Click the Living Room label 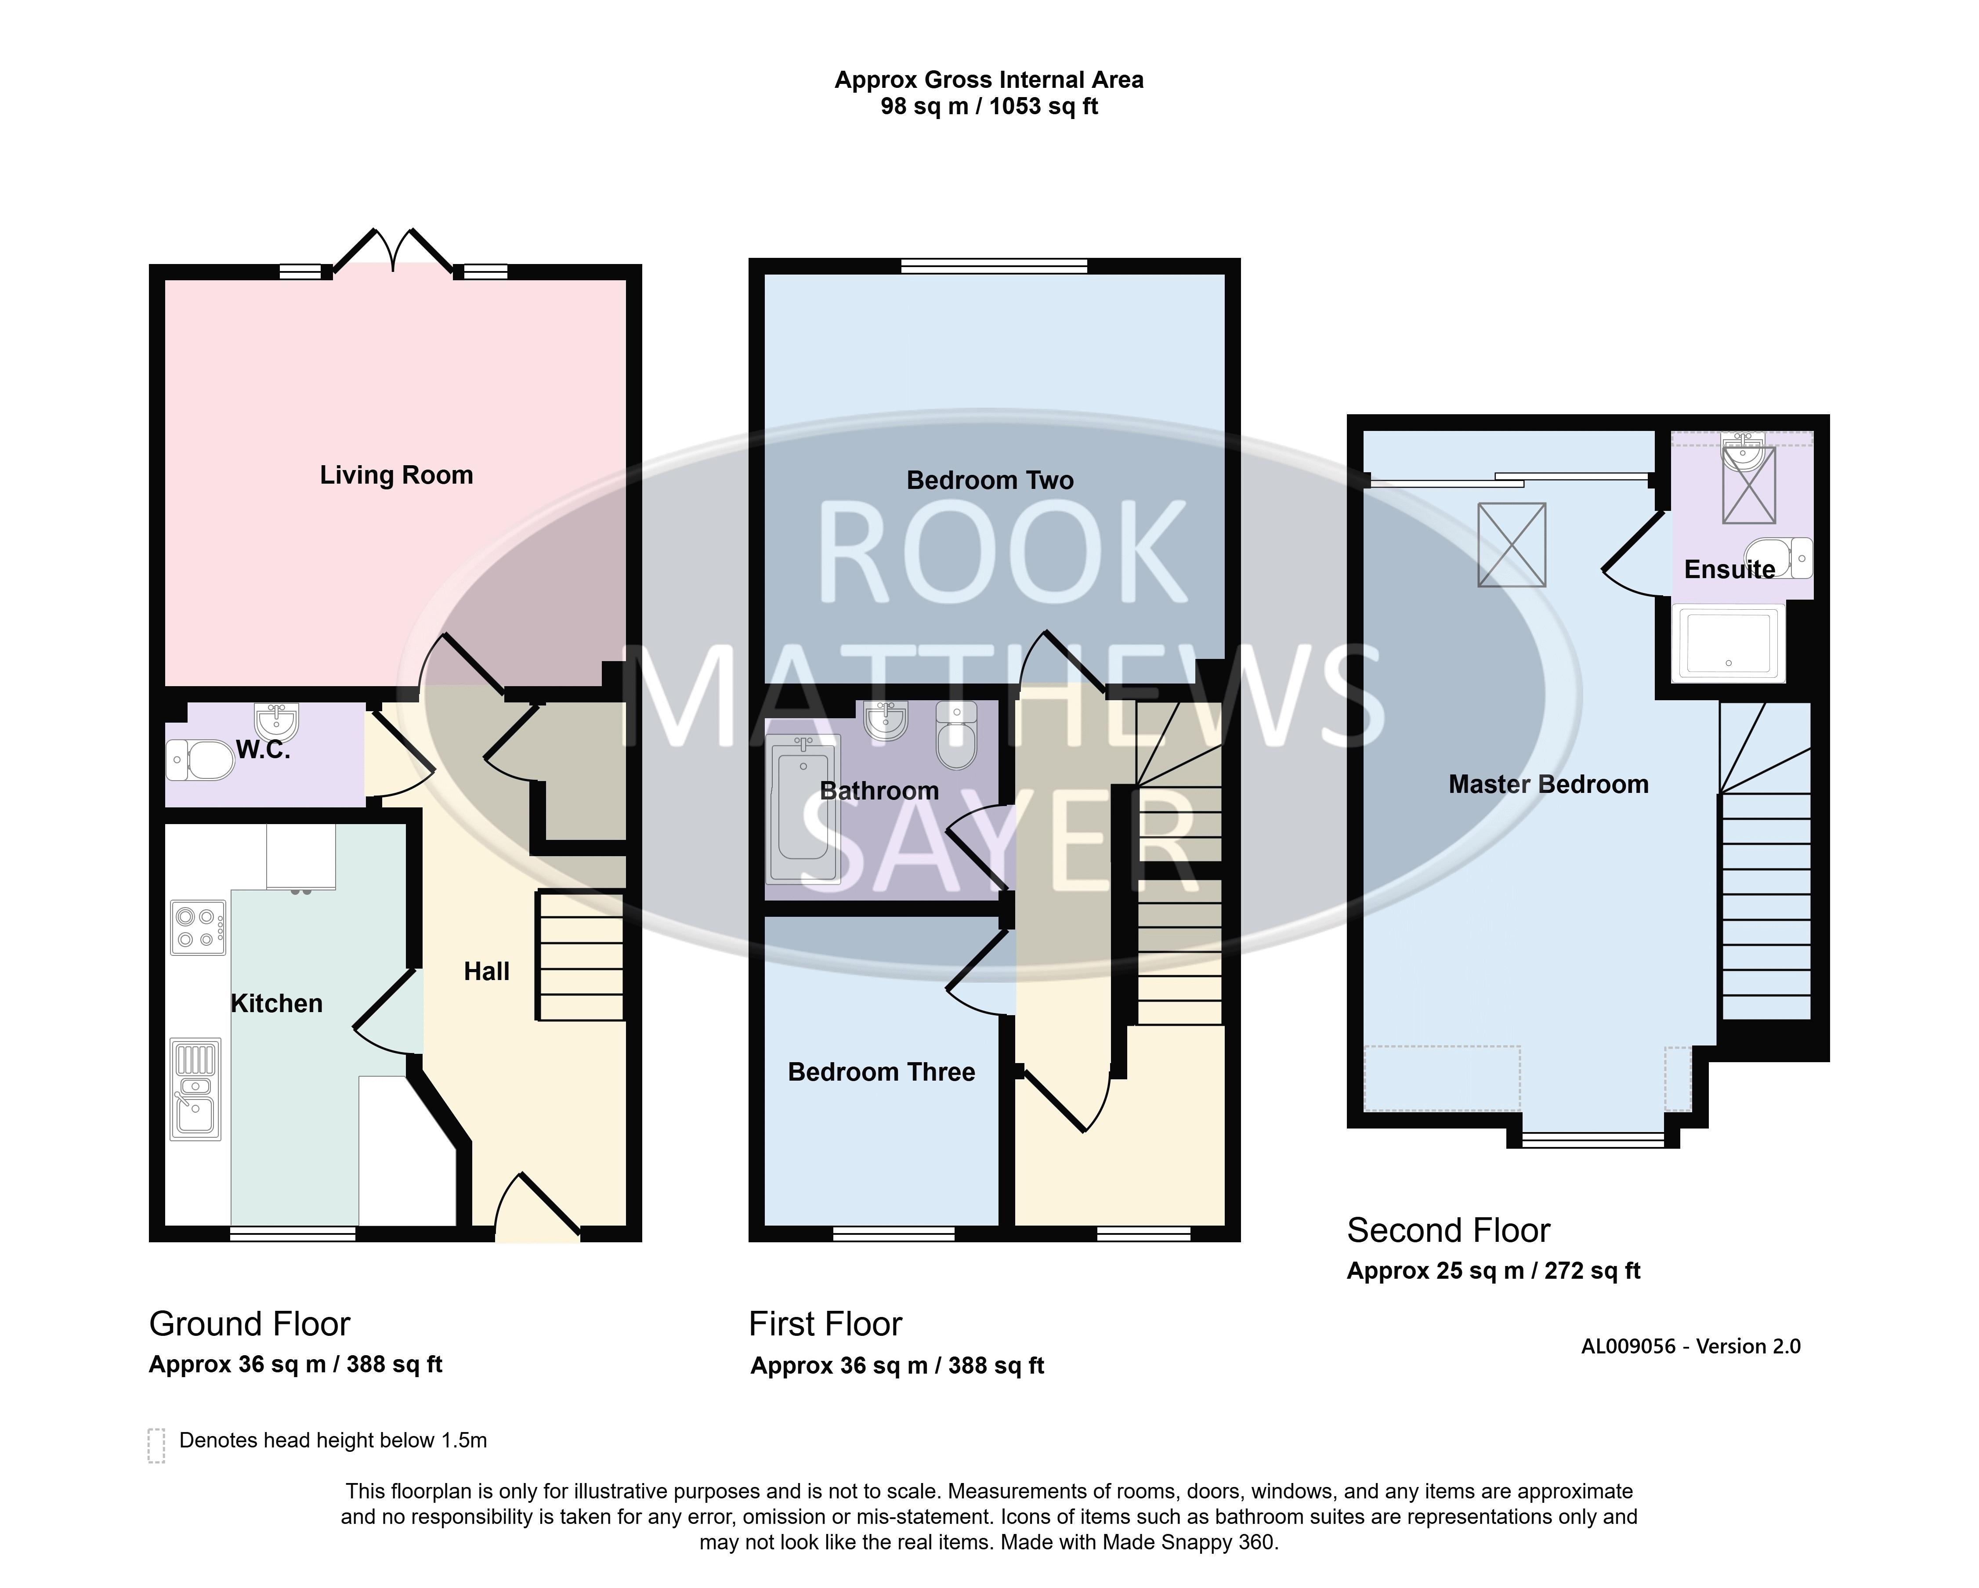[x=397, y=475]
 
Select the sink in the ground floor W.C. [x=276, y=721]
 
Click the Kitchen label [x=276, y=1003]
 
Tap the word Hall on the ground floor [x=486, y=971]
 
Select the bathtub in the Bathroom [x=803, y=808]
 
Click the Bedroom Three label [x=881, y=1072]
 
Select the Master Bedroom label [x=1548, y=785]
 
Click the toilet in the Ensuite [x=1779, y=558]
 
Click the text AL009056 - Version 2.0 [x=1691, y=1346]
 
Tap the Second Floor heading [x=1448, y=1230]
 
